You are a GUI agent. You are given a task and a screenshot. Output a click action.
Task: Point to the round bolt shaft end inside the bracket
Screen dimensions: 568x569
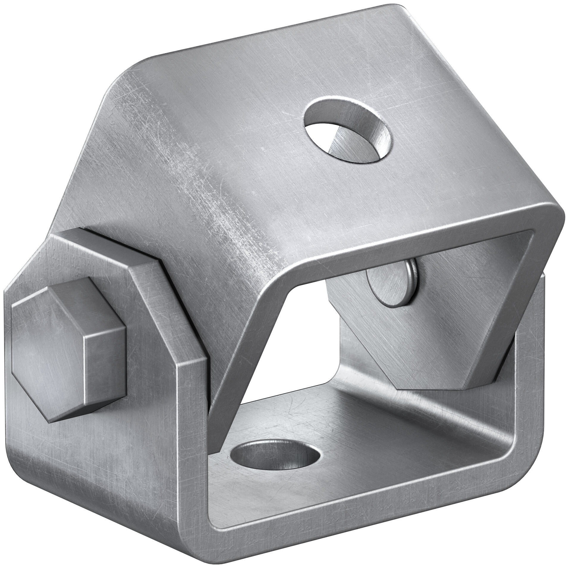388,281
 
